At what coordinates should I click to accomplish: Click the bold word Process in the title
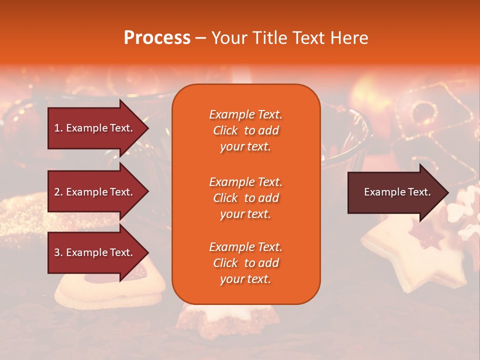point(157,38)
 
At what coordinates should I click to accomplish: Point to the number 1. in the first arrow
point(58,128)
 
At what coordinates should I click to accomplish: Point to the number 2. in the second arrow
point(58,192)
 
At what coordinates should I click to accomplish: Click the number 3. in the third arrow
point(58,252)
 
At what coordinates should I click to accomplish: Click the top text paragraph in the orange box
point(245,130)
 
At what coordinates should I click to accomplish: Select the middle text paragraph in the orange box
point(245,198)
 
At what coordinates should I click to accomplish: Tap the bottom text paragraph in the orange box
point(245,263)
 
